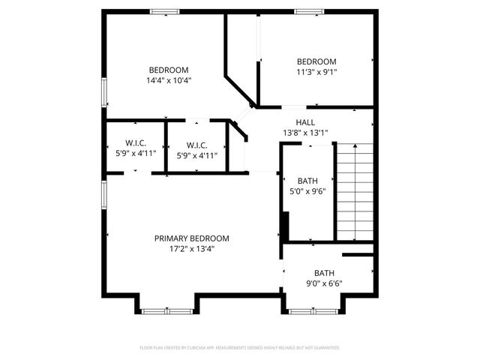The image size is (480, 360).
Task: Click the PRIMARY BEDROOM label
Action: pos(191,238)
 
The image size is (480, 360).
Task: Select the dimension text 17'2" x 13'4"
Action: pos(191,249)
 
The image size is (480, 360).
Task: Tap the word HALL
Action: pos(305,122)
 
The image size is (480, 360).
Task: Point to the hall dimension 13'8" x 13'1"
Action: pos(305,133)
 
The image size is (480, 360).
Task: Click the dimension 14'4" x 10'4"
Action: pos(169,80)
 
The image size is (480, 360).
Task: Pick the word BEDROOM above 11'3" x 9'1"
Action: pos(316,61)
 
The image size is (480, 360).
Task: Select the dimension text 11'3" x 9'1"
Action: pos(316,73)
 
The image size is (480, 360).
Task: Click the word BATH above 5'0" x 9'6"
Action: pos(307,181)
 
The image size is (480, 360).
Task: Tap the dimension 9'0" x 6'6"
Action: pos(324,283)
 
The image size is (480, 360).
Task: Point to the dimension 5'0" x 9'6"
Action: pos(307,191)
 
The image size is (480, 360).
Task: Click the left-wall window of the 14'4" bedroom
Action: pos(103,91)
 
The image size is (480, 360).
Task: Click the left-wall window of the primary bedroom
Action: pos(103,193)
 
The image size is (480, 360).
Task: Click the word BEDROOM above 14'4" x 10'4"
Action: pos(169,70)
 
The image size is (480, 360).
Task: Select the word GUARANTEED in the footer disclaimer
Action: pos(325,348)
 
